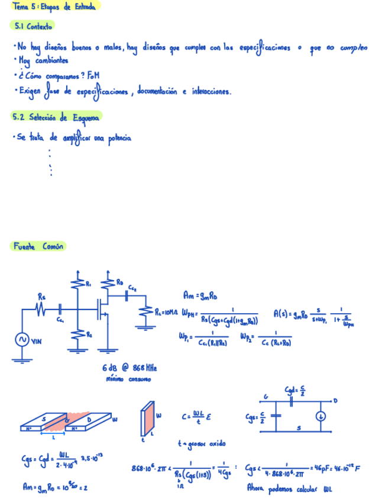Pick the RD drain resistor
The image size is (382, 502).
(x=108, y=285)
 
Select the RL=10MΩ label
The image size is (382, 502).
(x=166, y=312)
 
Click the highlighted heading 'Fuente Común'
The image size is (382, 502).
(x=38, y=246)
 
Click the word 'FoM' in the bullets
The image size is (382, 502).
(x=93, y=76)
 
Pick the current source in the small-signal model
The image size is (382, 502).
(x=320, y=416)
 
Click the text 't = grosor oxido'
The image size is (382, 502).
(x=202, y=443)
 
